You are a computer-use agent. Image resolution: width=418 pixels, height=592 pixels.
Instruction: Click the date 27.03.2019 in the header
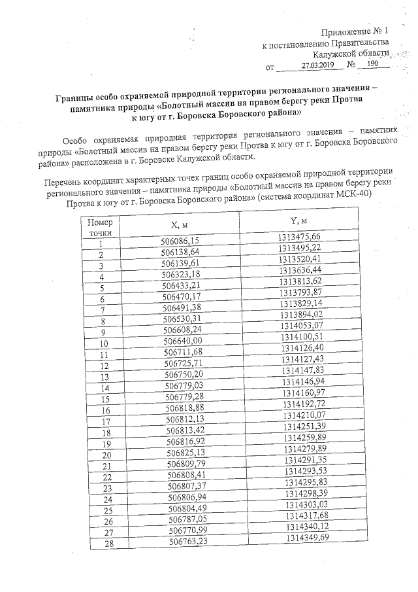pos(318,65)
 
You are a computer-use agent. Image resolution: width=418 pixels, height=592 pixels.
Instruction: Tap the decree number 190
pos(372,64)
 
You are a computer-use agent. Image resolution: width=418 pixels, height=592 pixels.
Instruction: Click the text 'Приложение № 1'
pos(355,32)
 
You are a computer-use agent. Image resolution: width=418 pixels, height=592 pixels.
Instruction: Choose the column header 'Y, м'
pos(299,219)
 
